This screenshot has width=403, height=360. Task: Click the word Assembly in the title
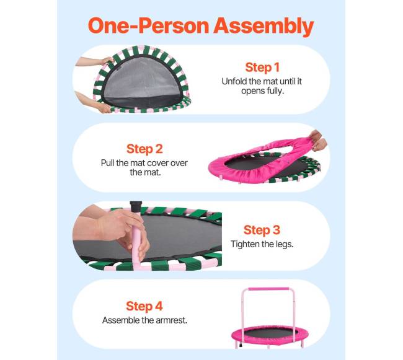point(263,27)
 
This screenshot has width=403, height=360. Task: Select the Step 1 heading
point(262,68)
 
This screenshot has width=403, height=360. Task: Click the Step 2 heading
point(144,149)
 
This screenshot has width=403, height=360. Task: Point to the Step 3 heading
point(262,230)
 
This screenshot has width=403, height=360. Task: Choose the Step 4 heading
point(144,306)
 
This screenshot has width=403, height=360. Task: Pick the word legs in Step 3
point(285,244)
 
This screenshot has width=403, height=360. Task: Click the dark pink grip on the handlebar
point(268,289)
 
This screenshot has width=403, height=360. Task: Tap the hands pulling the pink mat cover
point(318,141)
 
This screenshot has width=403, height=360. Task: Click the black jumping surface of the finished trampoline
point(270,333)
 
